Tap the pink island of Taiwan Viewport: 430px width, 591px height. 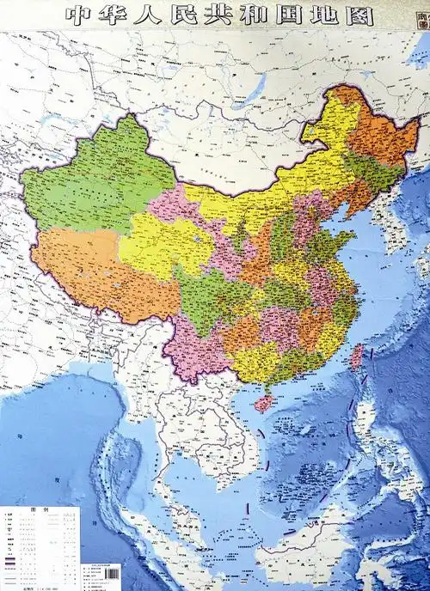tap(355, 356)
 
